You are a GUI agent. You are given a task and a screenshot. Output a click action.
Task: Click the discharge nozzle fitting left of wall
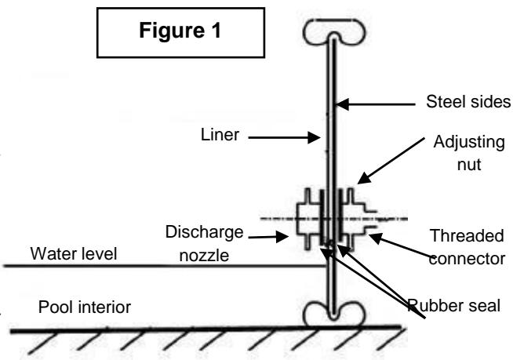click(307, 217)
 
